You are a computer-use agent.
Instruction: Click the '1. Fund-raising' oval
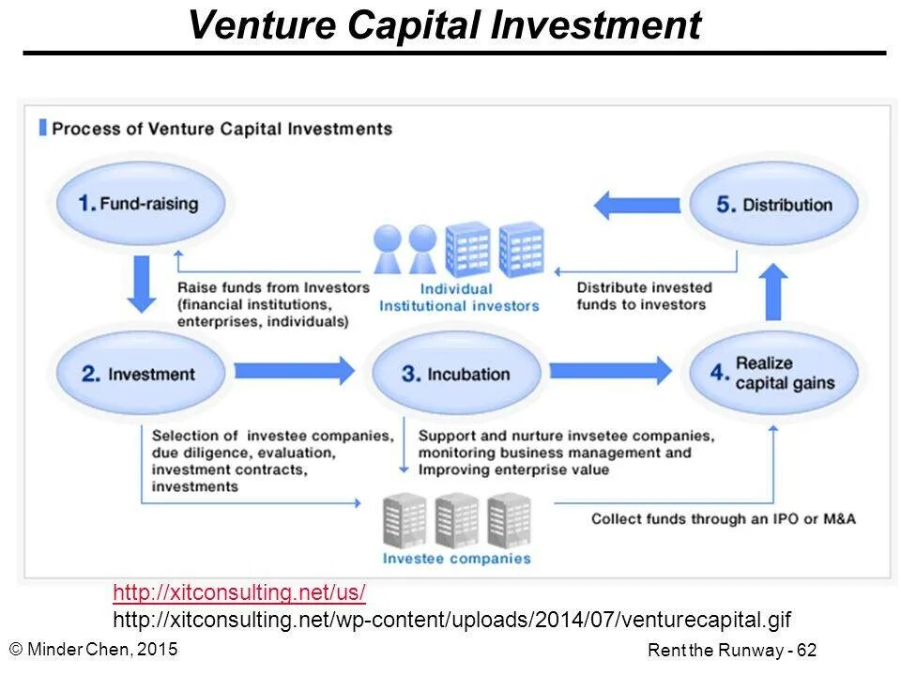140,204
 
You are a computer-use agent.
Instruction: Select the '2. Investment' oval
142,374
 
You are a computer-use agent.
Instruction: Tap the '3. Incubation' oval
457,374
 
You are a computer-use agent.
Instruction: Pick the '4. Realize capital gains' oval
773,374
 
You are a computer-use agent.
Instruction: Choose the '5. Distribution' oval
774,205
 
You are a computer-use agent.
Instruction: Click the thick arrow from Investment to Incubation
294,371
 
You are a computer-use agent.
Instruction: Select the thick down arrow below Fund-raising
142,283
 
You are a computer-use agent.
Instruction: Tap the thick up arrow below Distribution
773,292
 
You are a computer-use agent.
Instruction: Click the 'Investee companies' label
456,559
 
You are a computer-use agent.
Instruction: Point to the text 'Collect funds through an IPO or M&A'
723,518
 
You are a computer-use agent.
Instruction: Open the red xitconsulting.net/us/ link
239,592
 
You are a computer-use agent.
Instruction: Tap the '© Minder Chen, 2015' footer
93,647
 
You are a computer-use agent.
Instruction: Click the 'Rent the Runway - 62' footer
732,650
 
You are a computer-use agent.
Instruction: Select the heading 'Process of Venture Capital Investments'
221,129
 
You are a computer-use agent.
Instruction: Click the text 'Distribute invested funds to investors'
644,296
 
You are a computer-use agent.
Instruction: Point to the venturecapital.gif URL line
451,620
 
